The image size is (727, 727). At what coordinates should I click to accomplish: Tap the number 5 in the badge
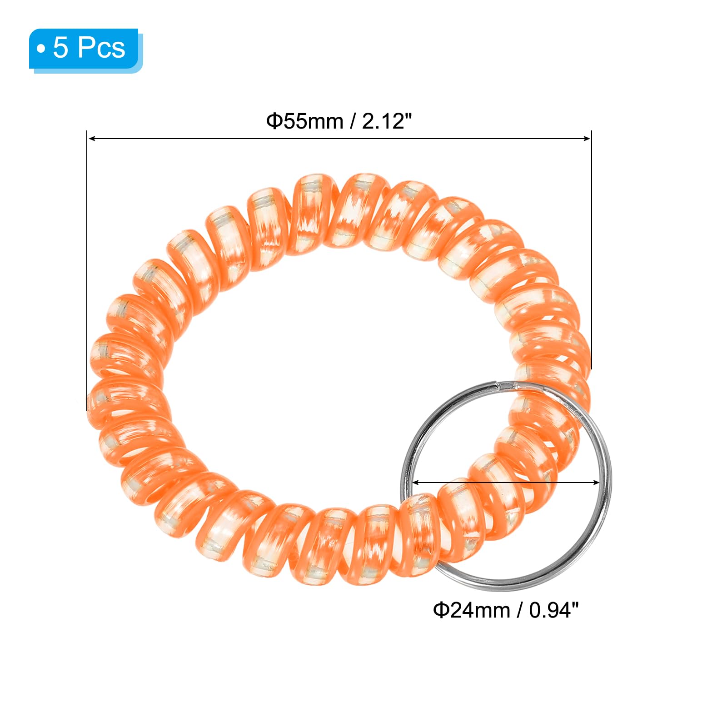point(60,47)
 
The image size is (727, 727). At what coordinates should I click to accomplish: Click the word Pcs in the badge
point(100,47)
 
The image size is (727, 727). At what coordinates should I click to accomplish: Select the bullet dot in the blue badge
point(41,49)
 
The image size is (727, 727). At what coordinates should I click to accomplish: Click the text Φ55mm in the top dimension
point(304,121)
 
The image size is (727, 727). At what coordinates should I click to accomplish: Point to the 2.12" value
point(387,121)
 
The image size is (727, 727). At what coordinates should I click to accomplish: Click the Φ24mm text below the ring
point(471,610)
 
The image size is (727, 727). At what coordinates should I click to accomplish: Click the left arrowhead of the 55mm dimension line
point(91,138)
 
